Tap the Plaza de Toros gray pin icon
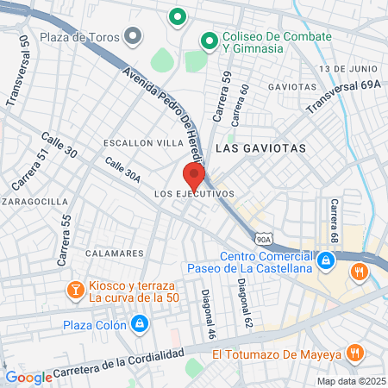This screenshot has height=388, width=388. click(133, 36)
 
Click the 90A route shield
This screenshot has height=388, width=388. click(264, 238)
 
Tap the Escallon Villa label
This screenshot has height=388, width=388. click(137, 142)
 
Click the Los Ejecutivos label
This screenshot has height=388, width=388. click(194, 195)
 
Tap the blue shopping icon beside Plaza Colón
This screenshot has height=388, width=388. click(140, 324)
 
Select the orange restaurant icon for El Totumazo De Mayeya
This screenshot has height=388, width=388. click(354, 353)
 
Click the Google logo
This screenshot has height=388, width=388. click(28, 378)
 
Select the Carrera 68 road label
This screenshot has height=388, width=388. click(334, 220)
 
